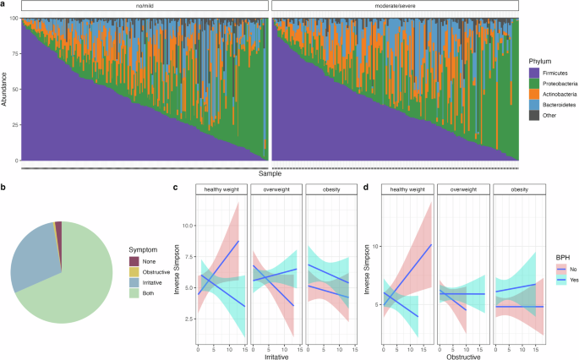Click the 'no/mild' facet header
point(144,7)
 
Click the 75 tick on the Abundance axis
point(14,52)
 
